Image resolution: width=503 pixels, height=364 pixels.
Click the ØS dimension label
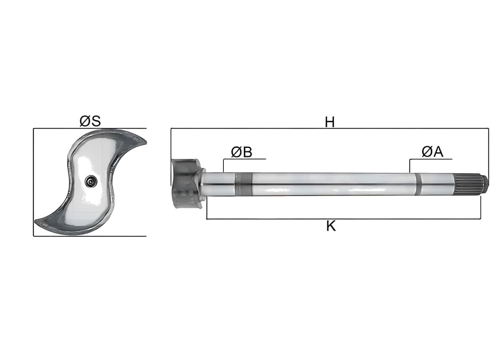coord(90,121)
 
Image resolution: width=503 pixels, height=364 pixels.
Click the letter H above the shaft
coord(330,122)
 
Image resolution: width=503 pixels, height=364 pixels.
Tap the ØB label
coord(241,152)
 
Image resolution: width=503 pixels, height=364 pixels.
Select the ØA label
coord(433,152)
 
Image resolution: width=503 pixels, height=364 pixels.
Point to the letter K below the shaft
coord(331,226)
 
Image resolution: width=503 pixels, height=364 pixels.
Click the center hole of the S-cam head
coord(91,181)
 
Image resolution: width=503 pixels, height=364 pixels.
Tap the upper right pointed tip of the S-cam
coord(146,142)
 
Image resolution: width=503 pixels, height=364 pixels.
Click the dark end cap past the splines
coord(485,184)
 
